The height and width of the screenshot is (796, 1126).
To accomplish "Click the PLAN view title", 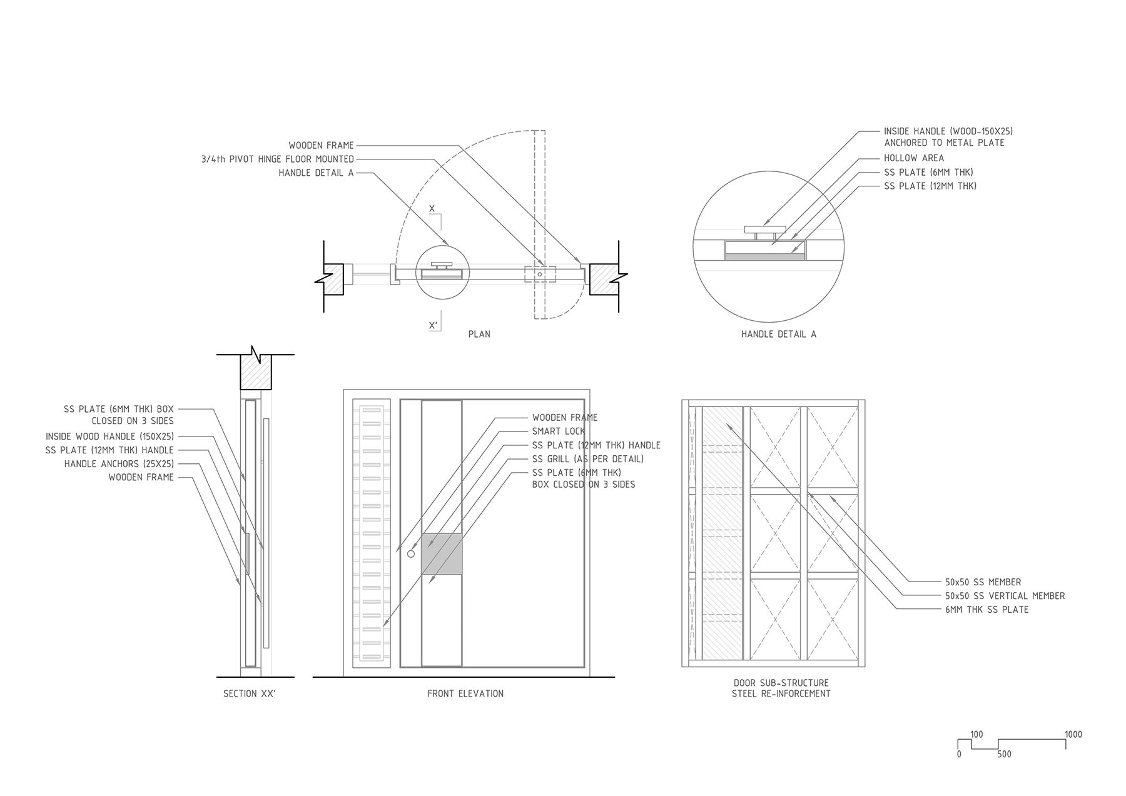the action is (x=479, y=334).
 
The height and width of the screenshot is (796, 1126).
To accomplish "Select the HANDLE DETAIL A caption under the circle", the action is (x=779, y=334).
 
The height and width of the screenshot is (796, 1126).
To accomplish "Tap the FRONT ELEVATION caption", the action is (x=465, y=693).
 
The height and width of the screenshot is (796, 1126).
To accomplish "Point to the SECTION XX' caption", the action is (x=250, y=693).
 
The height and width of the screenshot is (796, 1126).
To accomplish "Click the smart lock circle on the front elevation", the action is (x=411, y=554).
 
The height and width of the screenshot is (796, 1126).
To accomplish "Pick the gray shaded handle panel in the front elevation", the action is (x=442, y=554).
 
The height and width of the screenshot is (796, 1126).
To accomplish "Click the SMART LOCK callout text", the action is (x=559, y=431).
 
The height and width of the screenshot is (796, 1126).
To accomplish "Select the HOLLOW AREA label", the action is (x=914, y=158).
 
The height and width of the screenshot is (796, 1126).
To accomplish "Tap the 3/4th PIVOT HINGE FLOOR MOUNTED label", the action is (x=278, y=159).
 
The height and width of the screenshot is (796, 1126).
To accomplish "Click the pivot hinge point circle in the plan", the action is (x=540, y=274).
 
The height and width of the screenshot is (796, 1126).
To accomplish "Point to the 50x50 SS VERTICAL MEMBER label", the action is (x=1005, y=596).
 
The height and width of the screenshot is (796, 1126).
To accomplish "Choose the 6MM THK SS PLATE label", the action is (x=987, y=610).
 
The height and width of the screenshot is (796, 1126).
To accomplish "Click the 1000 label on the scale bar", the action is (x=1073, y=735).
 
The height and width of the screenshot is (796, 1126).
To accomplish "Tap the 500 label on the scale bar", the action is (x=1004, y=754).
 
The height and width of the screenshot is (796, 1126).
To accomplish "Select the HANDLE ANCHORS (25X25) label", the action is (x=119, y=464).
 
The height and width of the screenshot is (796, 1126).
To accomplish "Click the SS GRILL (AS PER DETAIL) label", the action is (x=588, y=459).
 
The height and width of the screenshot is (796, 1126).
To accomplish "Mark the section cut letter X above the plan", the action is (x=432, y=208).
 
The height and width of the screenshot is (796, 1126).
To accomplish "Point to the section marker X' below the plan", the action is (x=432, y=325).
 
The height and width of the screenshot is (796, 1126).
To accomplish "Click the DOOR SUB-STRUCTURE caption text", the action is (x=781, y=683).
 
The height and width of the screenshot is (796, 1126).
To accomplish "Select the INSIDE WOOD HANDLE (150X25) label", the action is (x=110, y=436).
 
